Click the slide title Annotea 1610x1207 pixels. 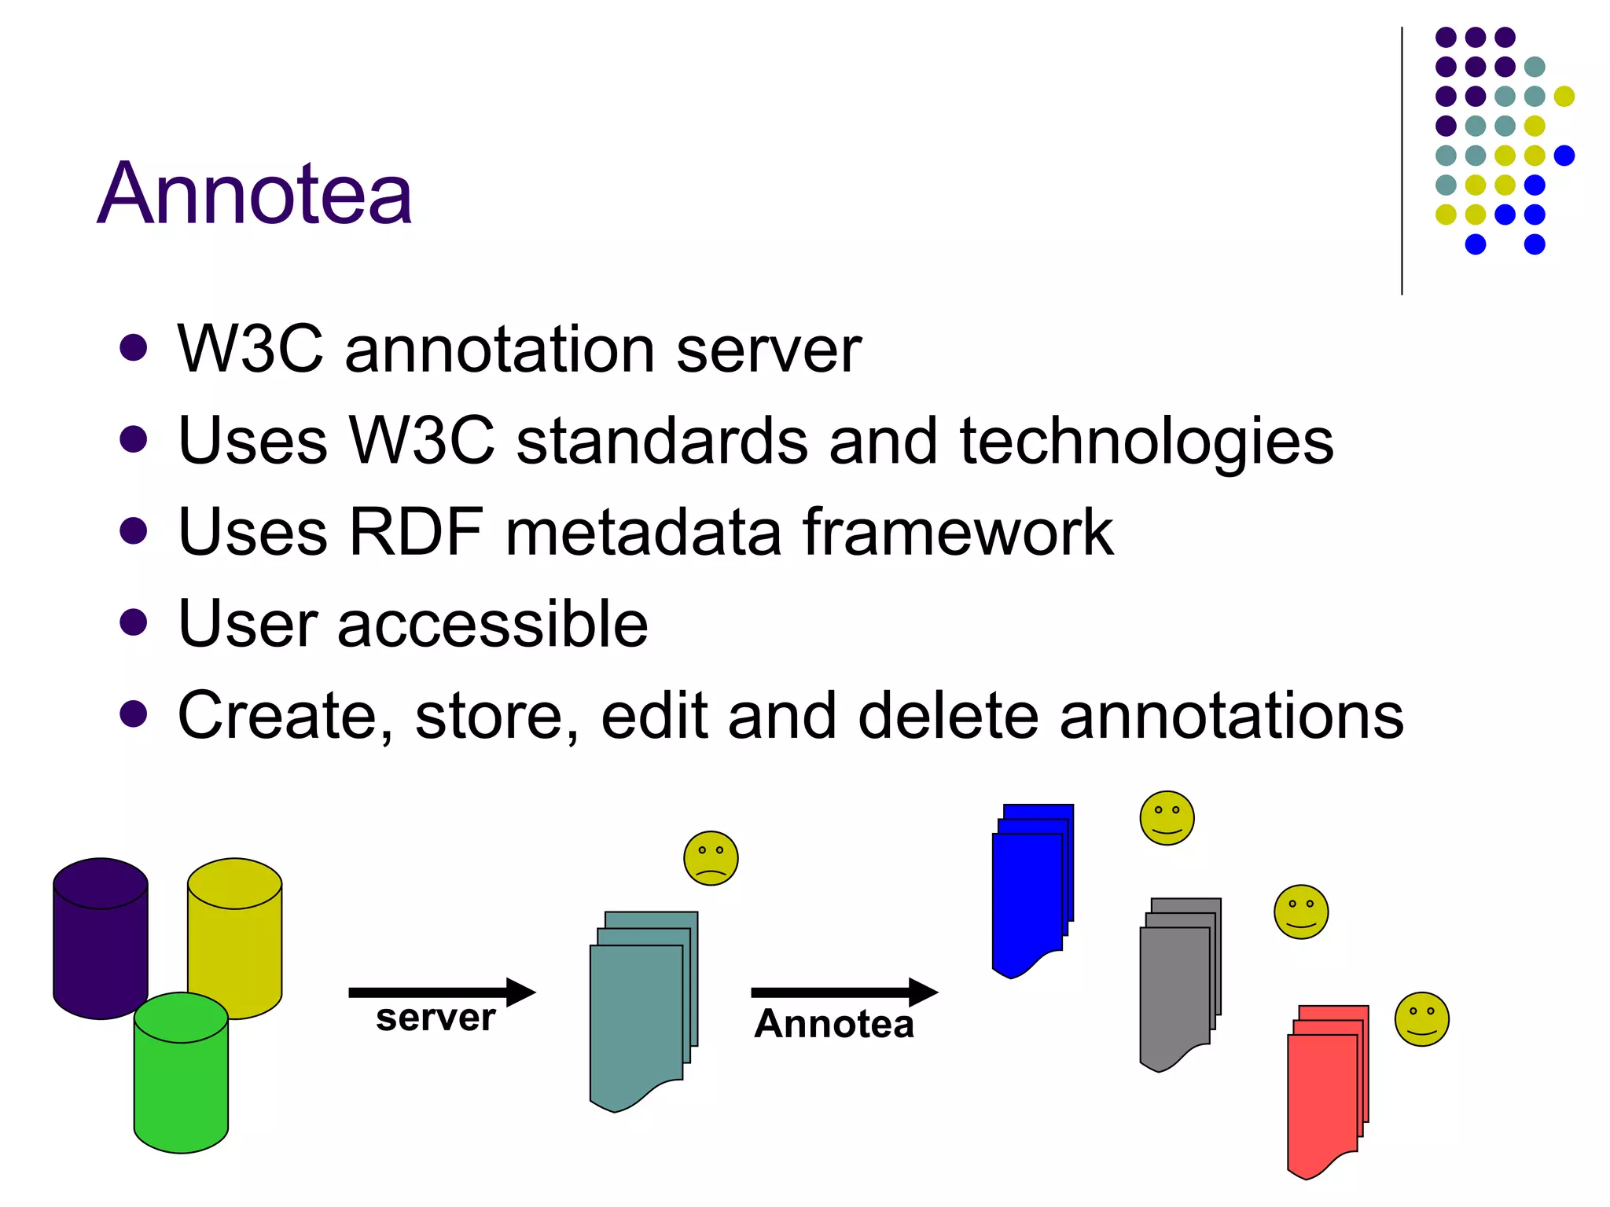tap(255, 193)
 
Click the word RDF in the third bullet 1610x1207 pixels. tap(415, 533)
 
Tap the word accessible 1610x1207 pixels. tap(492, 624)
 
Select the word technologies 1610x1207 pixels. tap(1146, 442)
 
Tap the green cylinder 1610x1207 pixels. tap(181, 1077)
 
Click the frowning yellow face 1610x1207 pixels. tap(711, 858)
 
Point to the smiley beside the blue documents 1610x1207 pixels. tap(1167, 818)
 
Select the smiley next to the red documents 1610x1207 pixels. tap(1421, 1019)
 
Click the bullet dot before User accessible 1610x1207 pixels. tap(134, 622)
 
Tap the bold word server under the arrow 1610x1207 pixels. tap(436, 1018)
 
